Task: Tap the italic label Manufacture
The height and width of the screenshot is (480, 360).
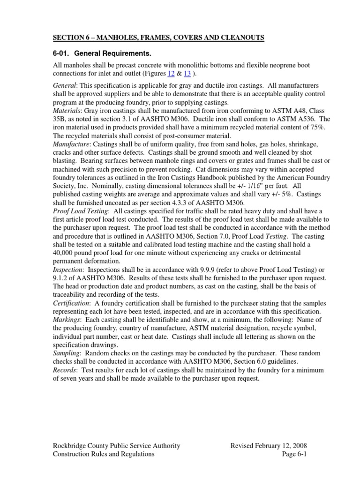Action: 70,144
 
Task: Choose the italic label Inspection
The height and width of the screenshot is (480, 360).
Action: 68,270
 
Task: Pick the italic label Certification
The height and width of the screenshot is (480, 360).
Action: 71,304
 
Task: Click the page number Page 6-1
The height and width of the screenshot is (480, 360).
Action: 294,454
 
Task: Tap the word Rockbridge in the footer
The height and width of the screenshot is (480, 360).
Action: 71,445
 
